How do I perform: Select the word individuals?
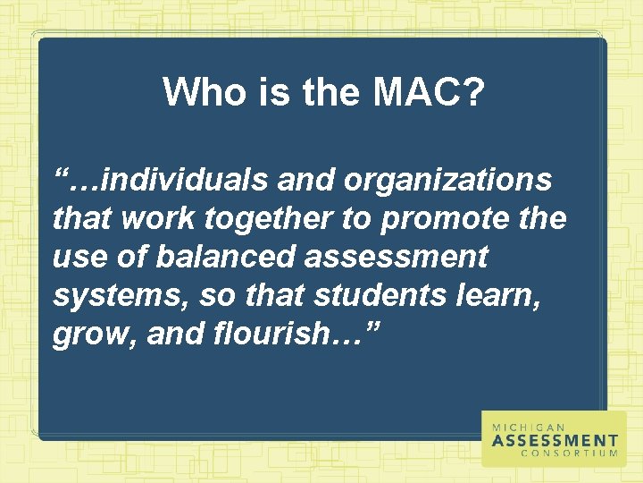tap(183, 180)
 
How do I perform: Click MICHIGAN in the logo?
tap(528, 428)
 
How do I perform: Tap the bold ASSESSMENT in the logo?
tap(555, 440)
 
